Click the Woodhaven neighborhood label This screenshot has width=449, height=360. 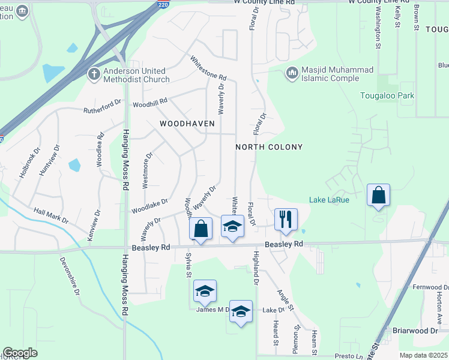click(x=187, y=123)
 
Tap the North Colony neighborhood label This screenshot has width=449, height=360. click(x=269, y=147)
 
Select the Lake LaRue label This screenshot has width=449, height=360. click(x=330, y=199)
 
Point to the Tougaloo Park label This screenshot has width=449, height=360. click(x=387, y=96)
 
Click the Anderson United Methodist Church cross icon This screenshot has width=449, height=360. click(x=93, y=74)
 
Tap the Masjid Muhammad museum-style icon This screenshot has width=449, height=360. click(x=292, y=73)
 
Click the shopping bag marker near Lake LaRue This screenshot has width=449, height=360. click(x=378, y=195)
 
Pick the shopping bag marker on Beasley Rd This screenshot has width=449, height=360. click(x=200, y=229)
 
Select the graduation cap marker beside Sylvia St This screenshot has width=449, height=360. click(x=205, y=292)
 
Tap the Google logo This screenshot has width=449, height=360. click(x=20, y=353)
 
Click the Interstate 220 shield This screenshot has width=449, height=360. click(x=164, y=4)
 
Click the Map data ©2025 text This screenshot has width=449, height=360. click(x=424, y=355)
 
